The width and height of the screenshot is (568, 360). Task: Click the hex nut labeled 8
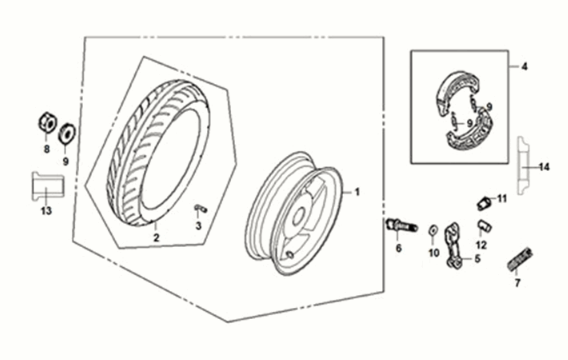click(x=47, y=123)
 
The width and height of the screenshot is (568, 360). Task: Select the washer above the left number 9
click(x=67, y=133)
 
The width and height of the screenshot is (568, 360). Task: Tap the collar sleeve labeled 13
click(x=47, y=185)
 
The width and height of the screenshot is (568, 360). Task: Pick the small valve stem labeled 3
click(x=200, y=208)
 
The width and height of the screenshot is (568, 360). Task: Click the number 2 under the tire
click(x=156, y=238)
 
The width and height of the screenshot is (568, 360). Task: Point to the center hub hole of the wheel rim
click(x=298, y=217)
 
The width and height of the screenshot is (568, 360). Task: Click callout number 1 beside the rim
click(x=357, y=192)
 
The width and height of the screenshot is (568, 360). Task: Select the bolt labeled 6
click(x=402, y=226)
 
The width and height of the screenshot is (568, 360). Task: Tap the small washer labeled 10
click(x=433, y=230)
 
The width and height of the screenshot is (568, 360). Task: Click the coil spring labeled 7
click(x=519, y=259)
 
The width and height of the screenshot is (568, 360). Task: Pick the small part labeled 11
click(x=484, y=203)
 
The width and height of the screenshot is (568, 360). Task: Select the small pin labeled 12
click(x=484, y=226)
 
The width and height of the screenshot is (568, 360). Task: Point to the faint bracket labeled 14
click(x=522, y=166)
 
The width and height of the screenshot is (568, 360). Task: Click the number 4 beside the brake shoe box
click(x=525, y=67)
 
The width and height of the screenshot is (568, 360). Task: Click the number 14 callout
click(x=544, y=167)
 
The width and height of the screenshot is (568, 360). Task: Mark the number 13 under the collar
click(x=46, y=210)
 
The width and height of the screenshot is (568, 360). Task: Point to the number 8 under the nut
click(x=46, y=148)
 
